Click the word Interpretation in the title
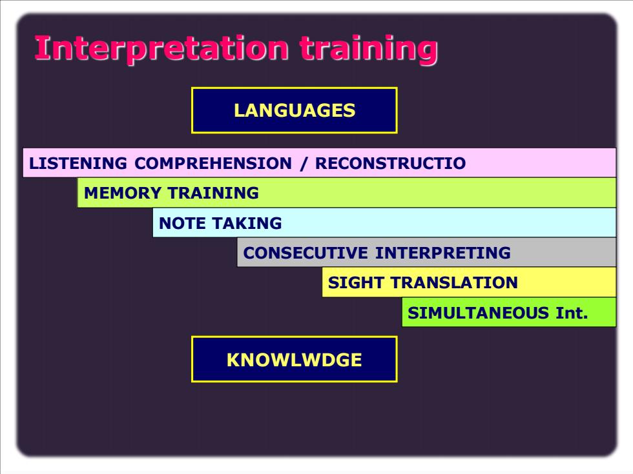click(x=161, y=49)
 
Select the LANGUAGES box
click(x=295, y=110)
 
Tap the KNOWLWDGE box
click(x=295, y=359)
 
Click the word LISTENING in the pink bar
click(x=78, y=163)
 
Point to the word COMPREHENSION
click(x=213, y=163)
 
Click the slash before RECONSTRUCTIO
click(x=303, y=164)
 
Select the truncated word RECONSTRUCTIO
click(x=390, y=163)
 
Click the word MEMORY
click(x=123, y=193)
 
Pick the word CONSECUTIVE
click(x=305, y=253)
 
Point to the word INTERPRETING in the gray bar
click(x=442, y=253)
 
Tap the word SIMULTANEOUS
click(x=478, y=313)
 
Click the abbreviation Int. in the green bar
click(x=571, y=313)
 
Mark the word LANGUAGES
click(x=295, y=110)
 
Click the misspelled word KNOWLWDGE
click(x=295, y=360)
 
